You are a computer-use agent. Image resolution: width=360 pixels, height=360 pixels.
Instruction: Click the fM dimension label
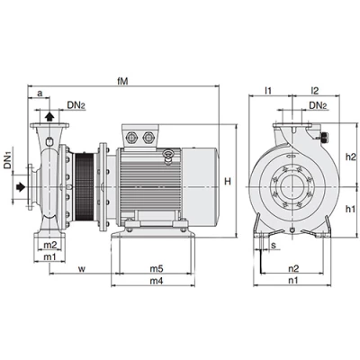tap(122, 81)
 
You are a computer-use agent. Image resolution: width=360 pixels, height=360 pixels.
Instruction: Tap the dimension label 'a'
tap(40, 94)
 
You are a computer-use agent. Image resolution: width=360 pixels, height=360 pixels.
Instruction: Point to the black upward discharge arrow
tap(50, 116)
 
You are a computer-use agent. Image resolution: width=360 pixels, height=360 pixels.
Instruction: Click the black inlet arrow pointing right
tap(21, 187)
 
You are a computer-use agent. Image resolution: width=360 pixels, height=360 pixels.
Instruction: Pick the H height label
tap(229, 181)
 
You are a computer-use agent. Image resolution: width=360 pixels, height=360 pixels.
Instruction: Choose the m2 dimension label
tap(50, 245)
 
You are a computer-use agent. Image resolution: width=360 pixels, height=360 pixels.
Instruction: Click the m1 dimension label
tap(49, 256)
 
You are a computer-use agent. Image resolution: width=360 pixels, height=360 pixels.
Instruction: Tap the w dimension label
tap(82, 268)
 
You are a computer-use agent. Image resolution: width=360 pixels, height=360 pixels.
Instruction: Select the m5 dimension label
tap(157, 268)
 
